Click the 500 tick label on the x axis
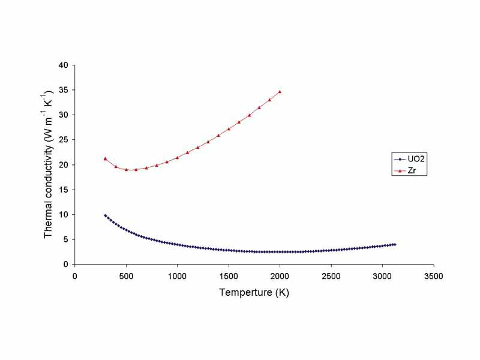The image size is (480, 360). point(126,276)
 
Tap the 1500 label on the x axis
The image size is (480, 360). point(229,276)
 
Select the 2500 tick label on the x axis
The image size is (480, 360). point(331,276)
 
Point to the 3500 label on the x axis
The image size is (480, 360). point(434,276)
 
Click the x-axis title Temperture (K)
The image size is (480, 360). point(254,293)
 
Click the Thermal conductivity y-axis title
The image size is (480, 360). point(49,164)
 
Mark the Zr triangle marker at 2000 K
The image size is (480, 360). point(280,91)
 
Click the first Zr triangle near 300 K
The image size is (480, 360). point(105,158)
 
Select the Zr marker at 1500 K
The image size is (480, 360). point(229,128)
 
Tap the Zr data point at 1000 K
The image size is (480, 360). point(177,157)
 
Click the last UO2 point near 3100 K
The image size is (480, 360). point(395,244)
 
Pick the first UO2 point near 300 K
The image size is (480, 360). point(105,215)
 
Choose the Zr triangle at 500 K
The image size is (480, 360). point(126,169)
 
